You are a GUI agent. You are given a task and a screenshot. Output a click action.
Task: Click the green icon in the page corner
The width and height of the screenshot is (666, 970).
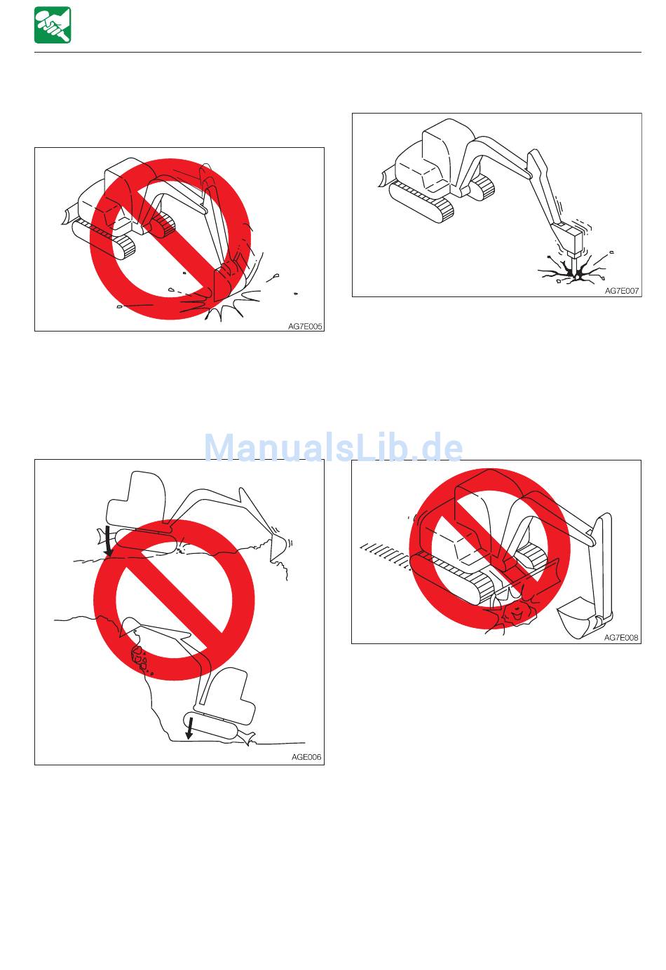pyautogui.click(x=53, y=25)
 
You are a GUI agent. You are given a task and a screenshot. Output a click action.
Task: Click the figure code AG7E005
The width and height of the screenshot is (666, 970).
pyautogui.click(x=305, y=327)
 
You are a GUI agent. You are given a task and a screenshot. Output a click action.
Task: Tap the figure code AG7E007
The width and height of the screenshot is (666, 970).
pyautogui.click(x=622, y=291)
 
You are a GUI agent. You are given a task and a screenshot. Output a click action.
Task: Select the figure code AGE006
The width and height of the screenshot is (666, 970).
pyautogui.click(x=306, y=757)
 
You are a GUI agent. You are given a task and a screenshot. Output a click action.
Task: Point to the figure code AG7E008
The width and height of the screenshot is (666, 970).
pyautogui.click(x=621, y=637)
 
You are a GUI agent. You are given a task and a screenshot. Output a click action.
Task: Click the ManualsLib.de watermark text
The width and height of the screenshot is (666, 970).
pyautogui.click(x=333, y=447)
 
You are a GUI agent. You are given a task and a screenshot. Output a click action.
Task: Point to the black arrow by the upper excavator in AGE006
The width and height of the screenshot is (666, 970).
pyautogui.click(x=107, y=541)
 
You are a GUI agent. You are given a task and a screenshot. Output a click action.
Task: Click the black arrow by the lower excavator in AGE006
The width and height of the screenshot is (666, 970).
pyautogui.click(x=189, y=728)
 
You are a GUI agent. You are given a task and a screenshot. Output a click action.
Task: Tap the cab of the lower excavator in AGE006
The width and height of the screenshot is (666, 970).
pyautogui.click(x=225, y=697)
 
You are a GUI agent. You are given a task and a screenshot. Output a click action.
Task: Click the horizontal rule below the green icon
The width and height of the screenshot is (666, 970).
pyautogui.click(x=338, y=53)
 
